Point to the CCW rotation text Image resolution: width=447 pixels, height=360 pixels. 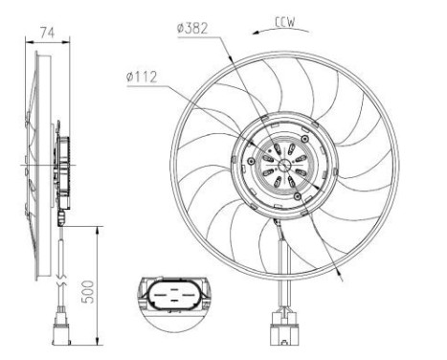(283, 20)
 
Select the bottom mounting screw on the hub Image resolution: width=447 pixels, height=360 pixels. (300, 195)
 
